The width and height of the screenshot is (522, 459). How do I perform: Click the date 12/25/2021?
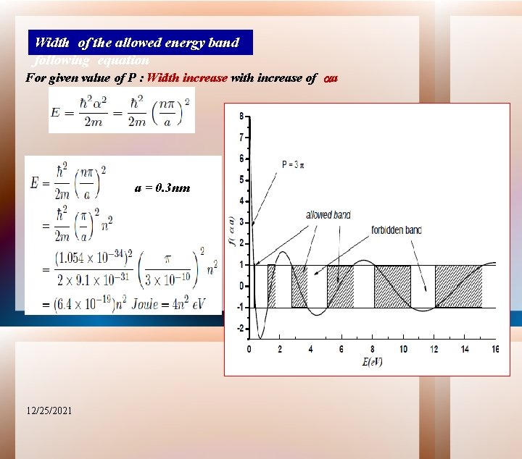click(x=48, y=410)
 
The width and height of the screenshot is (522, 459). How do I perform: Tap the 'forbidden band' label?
click(x=397, y=230)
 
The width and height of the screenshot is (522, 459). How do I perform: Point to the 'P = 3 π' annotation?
click(x=293, y=165)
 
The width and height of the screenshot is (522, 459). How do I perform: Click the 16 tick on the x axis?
click(x=496, y=349)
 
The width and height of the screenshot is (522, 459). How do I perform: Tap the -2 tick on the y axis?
click(x=239, y=329)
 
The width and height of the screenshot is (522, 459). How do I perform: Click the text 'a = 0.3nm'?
click(x=162, y=188)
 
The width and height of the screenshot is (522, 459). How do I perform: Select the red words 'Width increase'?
click(x=187, y=77)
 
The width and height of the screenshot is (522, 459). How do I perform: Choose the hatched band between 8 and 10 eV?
click(x=392, y=287)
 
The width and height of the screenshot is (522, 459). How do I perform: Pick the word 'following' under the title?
click(x=61, y=61)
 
